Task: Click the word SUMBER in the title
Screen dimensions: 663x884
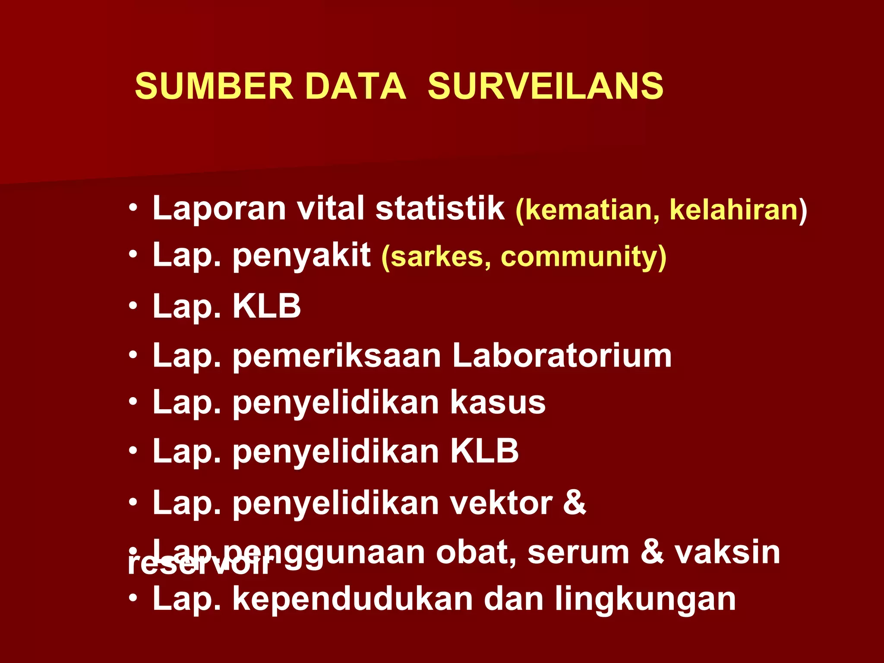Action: tap(214, 86)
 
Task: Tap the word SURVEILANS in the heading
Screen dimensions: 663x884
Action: tap(545, 86)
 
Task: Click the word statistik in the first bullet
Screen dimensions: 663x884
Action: tap(440, 208)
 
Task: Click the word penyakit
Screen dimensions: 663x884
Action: tap(302, 256)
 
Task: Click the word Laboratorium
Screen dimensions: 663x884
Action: tap(562, 356)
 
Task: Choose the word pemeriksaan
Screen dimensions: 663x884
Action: tap(337, 357)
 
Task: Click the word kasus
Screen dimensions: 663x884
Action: tap(498, 402)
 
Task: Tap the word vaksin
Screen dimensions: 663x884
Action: tap(727, 552)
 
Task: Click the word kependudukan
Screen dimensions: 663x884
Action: tap(353, 599)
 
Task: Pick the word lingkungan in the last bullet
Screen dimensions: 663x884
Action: tap(645, 600)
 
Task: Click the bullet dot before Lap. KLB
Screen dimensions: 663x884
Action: tap(133, 306)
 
